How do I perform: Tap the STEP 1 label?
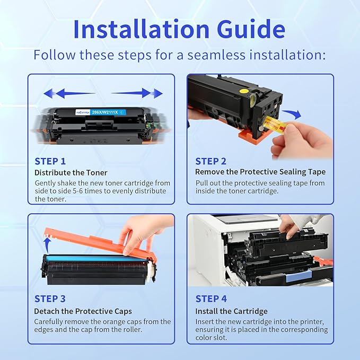50,161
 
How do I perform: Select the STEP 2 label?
211,161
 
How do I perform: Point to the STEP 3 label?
50,299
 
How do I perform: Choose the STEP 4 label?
211,299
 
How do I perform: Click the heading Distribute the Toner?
71,172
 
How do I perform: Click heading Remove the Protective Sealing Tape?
260,172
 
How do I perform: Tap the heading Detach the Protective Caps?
83,311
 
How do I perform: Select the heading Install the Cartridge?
231,311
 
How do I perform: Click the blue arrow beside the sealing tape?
291,113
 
